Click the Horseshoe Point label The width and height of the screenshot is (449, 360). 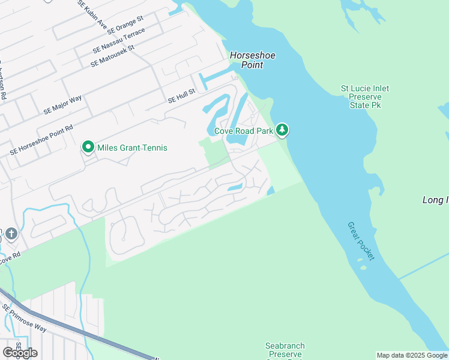(252, 60)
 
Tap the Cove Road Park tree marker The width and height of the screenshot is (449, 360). (282, 130)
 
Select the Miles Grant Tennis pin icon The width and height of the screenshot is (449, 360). (88, 147)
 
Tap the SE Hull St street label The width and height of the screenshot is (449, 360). (182, 95)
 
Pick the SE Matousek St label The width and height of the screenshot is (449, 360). (112, 56)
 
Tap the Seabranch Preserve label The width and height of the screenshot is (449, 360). (285, 350)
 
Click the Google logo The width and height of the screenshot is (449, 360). (19, 353)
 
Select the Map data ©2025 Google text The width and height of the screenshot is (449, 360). (412, 355)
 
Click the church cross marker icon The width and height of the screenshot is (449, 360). (10, 233)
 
